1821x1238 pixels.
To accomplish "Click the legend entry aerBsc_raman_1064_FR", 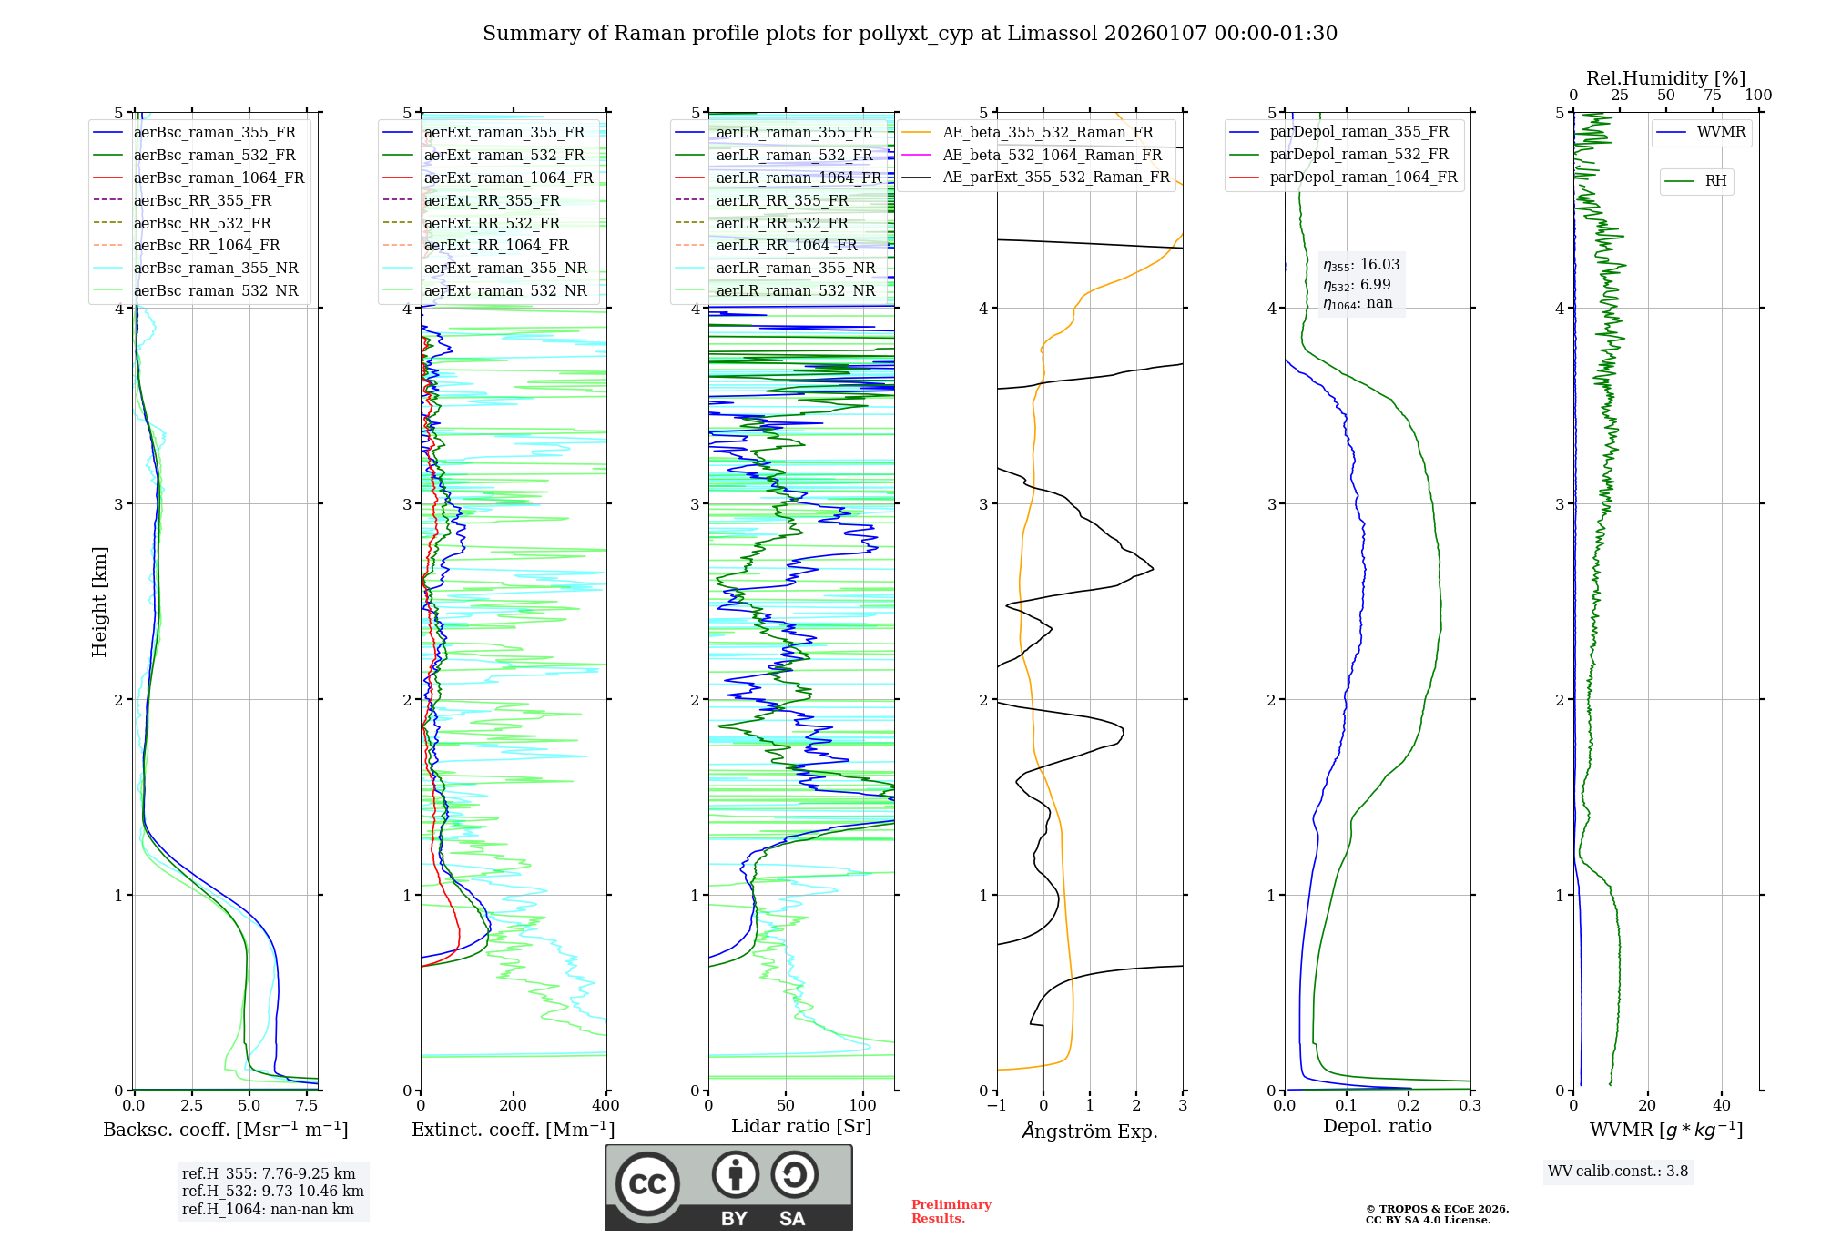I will click(219, 178).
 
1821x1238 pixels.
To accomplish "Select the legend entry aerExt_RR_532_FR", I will click(492, 223).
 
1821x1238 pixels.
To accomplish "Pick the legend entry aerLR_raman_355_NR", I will click(795, 269).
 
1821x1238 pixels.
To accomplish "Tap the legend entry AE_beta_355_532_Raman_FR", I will click(1047, 133).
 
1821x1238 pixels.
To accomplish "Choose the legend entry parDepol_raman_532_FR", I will click(1358, 155).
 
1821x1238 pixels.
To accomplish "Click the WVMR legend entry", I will click(1721, 132).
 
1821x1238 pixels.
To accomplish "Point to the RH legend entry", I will click(1715, 181).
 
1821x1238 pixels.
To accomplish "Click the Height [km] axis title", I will click(99, 602).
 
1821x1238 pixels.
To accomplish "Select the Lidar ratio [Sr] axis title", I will click(801, 1126).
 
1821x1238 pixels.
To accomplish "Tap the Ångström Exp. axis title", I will click(1090, 1131).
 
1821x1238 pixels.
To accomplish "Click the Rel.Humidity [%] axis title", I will click(1665, 78).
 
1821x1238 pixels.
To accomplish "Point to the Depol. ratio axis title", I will click(1377, 1126).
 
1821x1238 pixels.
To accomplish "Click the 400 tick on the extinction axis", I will click(606, 1106).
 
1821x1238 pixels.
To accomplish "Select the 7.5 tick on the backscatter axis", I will click(307, 1106).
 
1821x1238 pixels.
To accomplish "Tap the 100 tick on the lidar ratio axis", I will click(863, 1106).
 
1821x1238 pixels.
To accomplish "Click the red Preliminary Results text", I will click(951, 1212).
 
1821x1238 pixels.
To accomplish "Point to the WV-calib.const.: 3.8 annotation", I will click(1618, 1172).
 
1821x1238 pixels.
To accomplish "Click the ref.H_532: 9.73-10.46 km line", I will click(272, 1192).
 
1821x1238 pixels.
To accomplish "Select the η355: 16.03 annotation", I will click(1361, 265).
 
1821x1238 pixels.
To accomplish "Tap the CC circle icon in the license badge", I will click(647, 1184).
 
